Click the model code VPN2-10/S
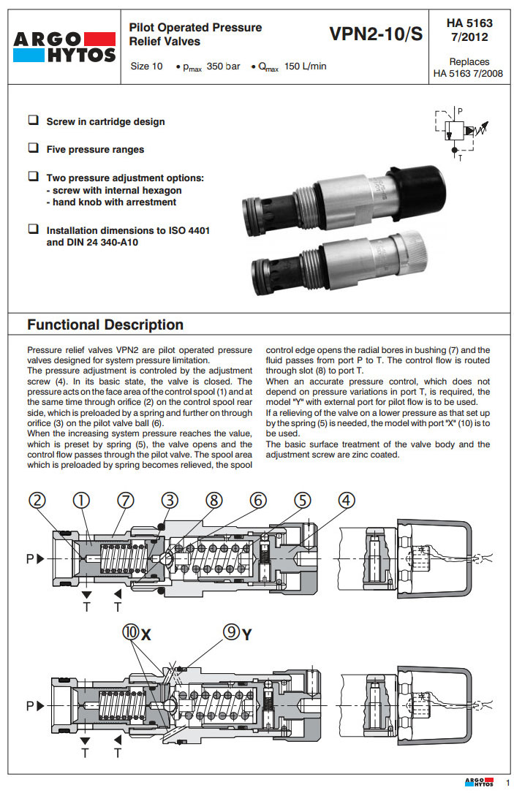pyautogui.click(x=376, y=34)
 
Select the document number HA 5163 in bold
pyautogui.click(x=468, y=23)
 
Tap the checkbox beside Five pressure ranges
pyautogui.click(x=33, y=148)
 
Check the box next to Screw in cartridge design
pyautogui.click(x=33, y=121)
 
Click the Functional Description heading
pyautogui.click(x=105, y=325)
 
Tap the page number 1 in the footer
pyautogui.click(x=507, y=784)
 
